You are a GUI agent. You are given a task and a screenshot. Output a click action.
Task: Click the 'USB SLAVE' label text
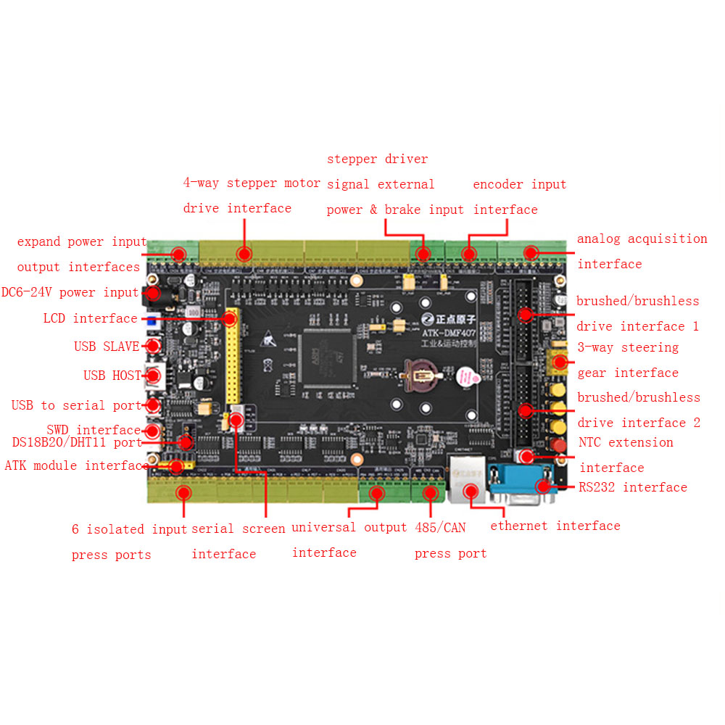(107, 347)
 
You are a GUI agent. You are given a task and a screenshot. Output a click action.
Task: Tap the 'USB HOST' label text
(112, 376)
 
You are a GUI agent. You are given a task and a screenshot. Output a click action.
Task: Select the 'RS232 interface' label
(633, 487)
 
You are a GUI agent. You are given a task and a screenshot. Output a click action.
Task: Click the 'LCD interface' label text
(90, 318)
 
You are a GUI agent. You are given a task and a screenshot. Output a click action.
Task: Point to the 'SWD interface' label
(94, 430)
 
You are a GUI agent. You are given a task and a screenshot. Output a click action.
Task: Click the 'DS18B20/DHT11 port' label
(77, 442)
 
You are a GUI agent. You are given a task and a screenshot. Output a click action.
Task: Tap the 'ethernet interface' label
(555, 526)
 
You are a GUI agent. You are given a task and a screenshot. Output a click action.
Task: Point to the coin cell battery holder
(423, 376)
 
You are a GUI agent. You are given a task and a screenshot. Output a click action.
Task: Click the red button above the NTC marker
(558, 444)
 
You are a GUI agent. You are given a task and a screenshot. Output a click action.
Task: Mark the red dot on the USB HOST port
(154, 375)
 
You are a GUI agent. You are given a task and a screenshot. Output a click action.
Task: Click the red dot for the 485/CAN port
(430, 494)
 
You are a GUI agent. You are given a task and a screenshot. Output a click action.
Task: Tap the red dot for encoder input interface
(469, 254)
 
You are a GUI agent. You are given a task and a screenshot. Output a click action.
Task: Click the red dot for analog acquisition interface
(531, 252)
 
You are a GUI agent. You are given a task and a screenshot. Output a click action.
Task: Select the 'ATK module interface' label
(77, 465)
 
